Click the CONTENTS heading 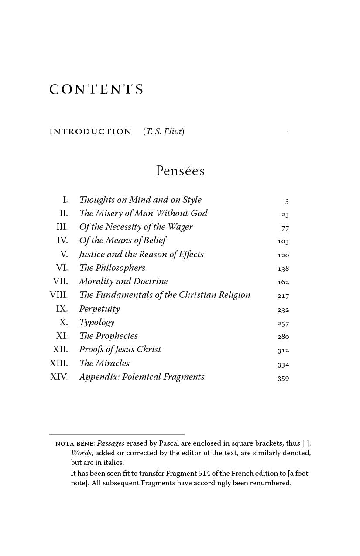pos(96,89)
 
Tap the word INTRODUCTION pos(90,132)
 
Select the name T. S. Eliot pos(164,132)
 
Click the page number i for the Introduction pos(288,132)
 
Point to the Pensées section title pos(180,171)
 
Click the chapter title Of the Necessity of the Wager pos(136,227)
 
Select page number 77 pos(285,228)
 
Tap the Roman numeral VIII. pos(59,295)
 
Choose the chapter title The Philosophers pos(112,268)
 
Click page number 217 pos(283,296)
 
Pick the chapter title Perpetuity pos(99,309)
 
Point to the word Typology pos(96,323)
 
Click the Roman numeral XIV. pos(59,377)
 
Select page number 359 pos(283,379)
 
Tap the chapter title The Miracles pos(104,364)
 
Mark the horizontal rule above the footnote pos(117,434)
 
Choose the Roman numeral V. pos(64,255)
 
